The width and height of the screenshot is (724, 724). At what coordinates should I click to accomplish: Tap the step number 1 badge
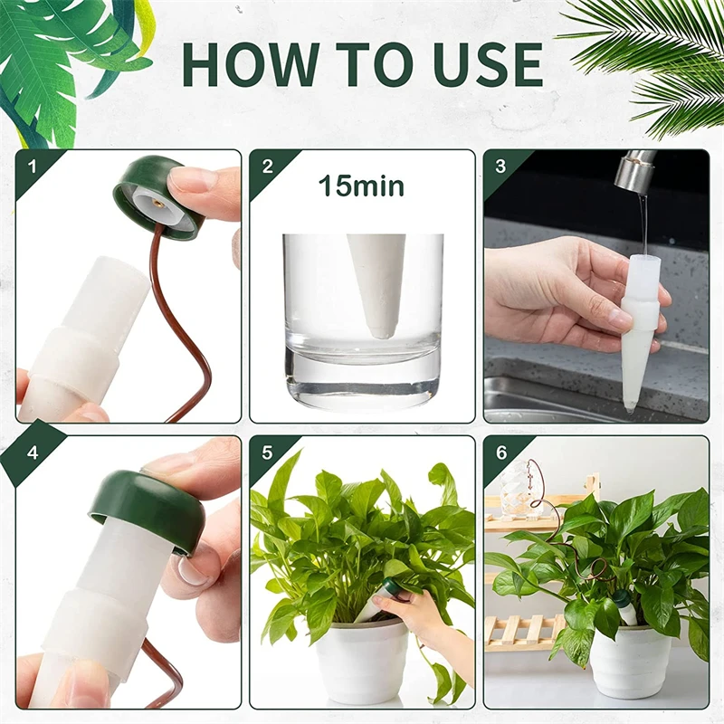pyautogui.click(x=33, y=166)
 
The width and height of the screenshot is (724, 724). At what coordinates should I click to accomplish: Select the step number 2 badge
pyautogui.click(x=267, y=166)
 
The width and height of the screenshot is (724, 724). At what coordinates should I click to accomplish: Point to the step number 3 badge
pyautogui.click(x=500, y=166)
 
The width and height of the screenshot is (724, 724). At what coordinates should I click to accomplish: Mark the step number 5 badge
pyautogui.click(x=267, y=452)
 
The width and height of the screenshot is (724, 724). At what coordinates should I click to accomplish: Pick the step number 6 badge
pyautogui.click(x=500, y=452)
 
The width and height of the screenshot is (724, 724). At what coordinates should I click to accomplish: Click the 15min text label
pyautogui.click(x=360, y=186)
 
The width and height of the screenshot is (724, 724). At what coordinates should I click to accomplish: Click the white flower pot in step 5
pyautogui.click(x=362, y=661)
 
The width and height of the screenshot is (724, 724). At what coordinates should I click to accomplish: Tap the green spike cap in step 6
pyautogui.click(x=622, y=598)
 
